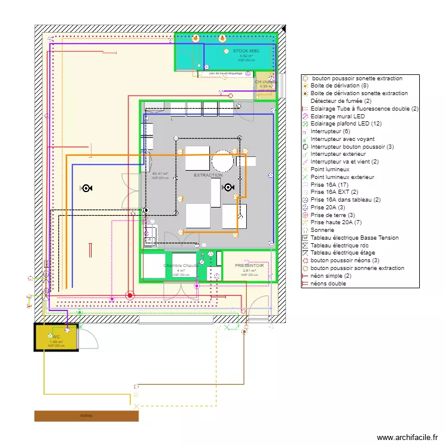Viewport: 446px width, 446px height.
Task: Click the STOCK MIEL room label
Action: coord(246,51)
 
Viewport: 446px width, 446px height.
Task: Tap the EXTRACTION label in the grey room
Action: coord(208,175)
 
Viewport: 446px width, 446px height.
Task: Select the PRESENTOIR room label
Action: coord(249,266)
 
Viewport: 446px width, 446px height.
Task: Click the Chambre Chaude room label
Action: coord(181,266)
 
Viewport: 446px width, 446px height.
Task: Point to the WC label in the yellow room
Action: coord(56,337)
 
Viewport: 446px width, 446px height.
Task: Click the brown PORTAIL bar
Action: coord(86,416)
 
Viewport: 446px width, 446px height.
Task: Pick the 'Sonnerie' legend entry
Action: coord(322,230)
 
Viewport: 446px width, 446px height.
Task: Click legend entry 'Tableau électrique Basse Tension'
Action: coord(354,238)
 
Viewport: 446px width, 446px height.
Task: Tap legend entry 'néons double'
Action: coord(328,284)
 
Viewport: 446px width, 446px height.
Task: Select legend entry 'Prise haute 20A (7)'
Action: coord(336,222)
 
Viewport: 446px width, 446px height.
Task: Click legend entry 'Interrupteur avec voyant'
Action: coord(342,139)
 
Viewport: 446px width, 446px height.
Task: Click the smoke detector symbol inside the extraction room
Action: coord(227,187)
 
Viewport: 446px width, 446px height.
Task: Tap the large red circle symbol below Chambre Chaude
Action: coord(130,295)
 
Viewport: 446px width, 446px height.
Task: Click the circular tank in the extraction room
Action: coord(222,161)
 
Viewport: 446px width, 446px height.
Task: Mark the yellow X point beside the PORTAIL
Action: coord(137,406)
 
